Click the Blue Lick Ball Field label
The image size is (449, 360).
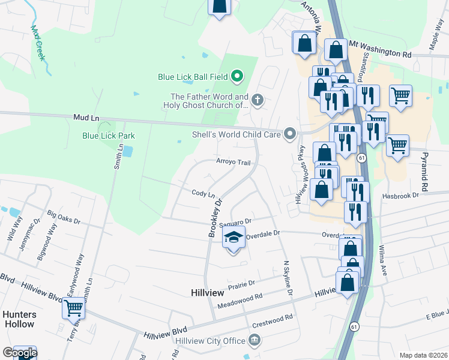pos(193,76)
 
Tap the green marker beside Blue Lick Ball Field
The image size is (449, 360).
pos(237,76)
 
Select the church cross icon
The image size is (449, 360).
pos(258,100)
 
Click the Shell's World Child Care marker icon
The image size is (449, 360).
pos(291,134)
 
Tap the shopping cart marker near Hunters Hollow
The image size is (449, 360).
pos(74,308)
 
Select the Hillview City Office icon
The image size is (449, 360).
pos(255,341)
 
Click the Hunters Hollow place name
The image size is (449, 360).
pos(19,319)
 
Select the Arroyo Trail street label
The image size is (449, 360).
pos(233,162)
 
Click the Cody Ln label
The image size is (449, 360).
pos(203,194)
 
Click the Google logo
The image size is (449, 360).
pos(19,353)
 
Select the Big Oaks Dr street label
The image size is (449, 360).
pos(63,217)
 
